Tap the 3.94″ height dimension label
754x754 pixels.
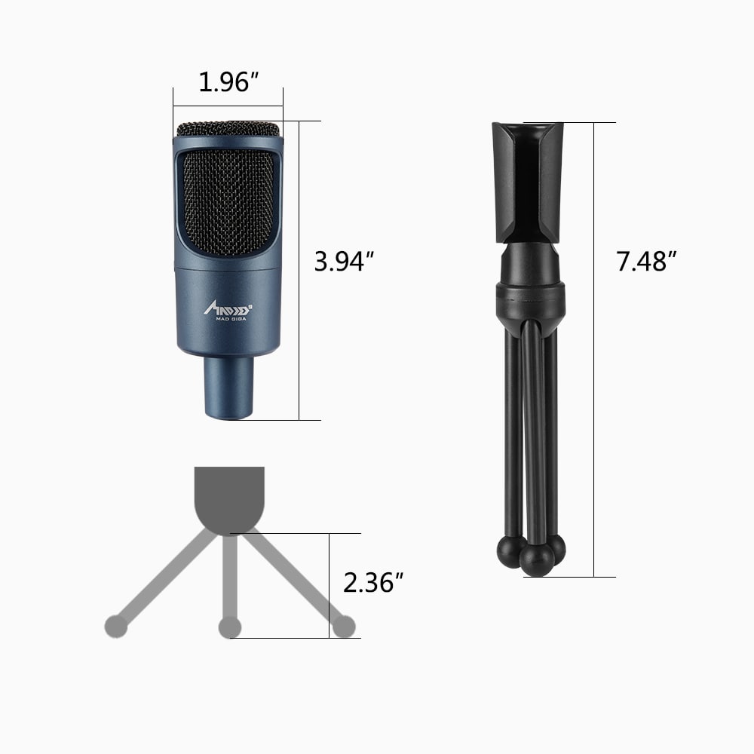point(345,262)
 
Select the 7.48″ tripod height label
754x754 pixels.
point(645,262)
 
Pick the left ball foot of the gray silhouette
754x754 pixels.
point(115,625)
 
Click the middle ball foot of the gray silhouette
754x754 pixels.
point(229,626)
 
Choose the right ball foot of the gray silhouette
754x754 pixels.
point(344,625)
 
